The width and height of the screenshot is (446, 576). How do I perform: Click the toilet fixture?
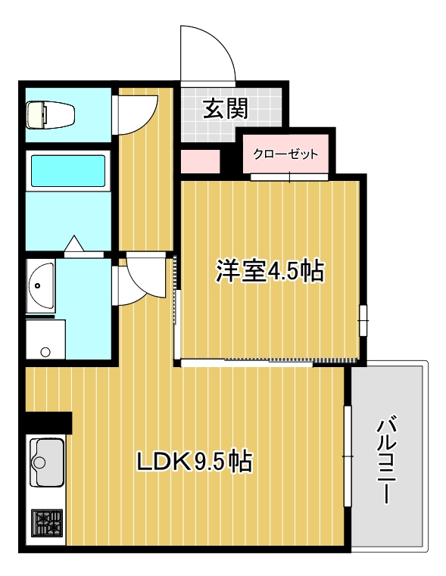tap(50, 115)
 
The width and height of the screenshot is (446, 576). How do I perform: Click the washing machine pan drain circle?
tap(45, 351)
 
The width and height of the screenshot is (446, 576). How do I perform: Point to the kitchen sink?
tap(46, 459)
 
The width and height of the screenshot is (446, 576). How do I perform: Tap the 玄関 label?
tap(225, 110)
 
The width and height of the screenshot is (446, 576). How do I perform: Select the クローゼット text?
tap(285, 154)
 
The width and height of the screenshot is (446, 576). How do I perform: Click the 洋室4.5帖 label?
tap(270, 270)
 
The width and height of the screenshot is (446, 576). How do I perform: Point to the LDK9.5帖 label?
tap(194, 460)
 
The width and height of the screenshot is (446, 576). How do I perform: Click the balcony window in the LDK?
tap(348, 456)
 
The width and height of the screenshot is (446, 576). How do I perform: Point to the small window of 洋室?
tap(363, 319)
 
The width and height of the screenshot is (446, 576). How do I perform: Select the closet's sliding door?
tap(289, 177)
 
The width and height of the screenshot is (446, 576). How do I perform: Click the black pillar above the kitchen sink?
tap(47, 422)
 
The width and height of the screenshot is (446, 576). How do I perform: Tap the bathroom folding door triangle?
tap(73, 244)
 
